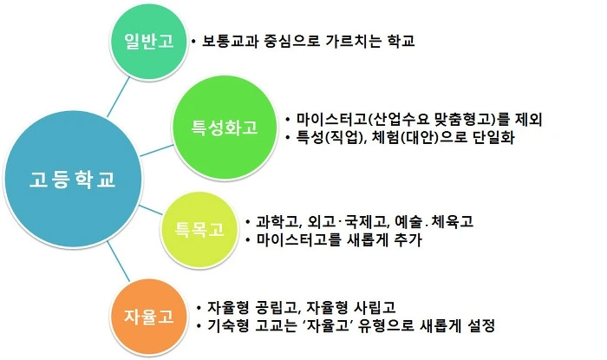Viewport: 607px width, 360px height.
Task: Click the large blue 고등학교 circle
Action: click(73, 180)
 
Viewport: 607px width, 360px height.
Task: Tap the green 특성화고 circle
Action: click(225, 128)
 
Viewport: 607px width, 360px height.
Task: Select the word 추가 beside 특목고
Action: click(405, 240)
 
